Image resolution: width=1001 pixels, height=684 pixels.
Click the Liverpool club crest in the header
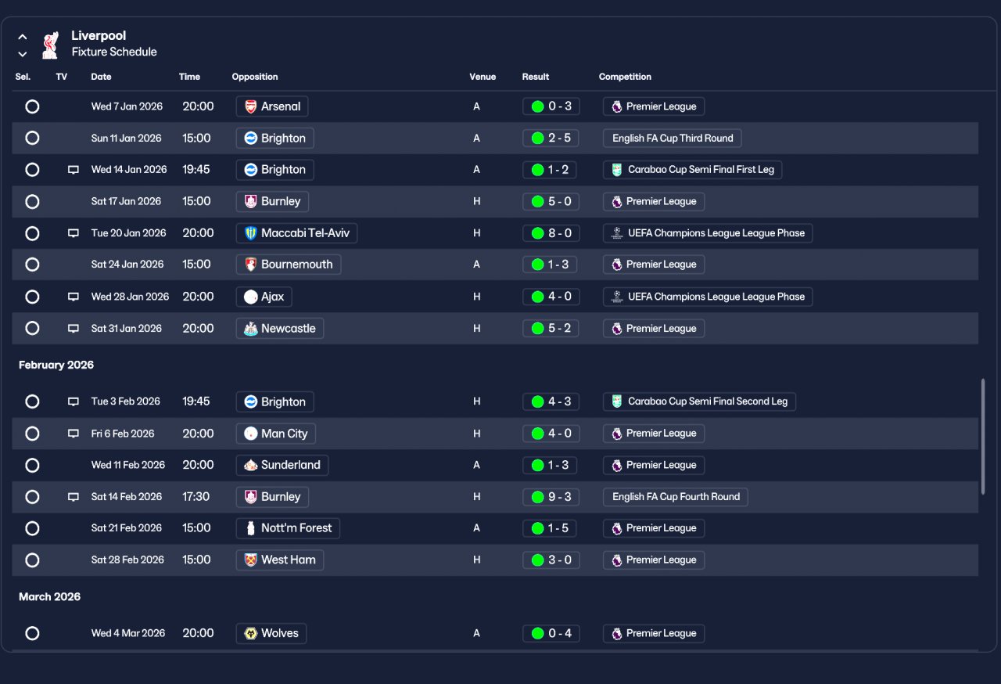click(51, 45)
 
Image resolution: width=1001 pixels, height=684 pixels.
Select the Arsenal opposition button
click(271, 106)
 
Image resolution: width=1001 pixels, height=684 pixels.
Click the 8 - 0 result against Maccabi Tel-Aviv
click(551, 233)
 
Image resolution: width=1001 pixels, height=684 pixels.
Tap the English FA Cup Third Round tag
click(672, 139)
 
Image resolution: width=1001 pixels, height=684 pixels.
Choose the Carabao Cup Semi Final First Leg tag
click(692, 170)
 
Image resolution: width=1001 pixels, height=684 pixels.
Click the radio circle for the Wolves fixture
click(32, 633)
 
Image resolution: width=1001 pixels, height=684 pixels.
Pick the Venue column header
click(483, 77)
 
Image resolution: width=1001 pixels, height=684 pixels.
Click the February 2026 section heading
click(56, 365)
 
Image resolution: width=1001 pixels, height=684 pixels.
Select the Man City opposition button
click(276, 434)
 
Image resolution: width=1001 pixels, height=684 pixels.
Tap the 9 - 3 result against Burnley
click(551, 497)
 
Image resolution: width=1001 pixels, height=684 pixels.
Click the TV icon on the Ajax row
click(74, 297)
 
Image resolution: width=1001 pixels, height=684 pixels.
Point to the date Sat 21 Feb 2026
click(127, 528)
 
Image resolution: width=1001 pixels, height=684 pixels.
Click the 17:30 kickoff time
click(196, 497)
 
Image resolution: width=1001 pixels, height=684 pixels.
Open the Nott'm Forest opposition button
click(288, 528)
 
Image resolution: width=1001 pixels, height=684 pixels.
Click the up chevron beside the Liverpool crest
click(23, 37)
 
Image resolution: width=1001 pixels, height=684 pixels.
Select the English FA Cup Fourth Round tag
click(675, 497)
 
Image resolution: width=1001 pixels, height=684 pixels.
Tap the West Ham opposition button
click(280, 560)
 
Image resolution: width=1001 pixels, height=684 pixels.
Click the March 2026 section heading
click(49, 597)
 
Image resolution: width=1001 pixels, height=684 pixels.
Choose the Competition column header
click(625, 77)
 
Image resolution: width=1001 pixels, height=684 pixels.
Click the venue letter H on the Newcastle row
click(477, 329)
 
